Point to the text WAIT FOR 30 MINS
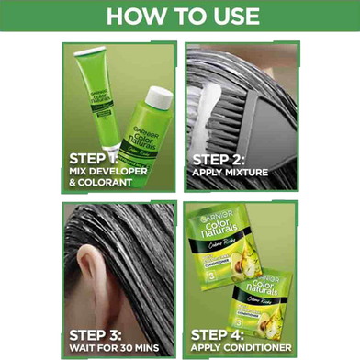click(x=116, y=347)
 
